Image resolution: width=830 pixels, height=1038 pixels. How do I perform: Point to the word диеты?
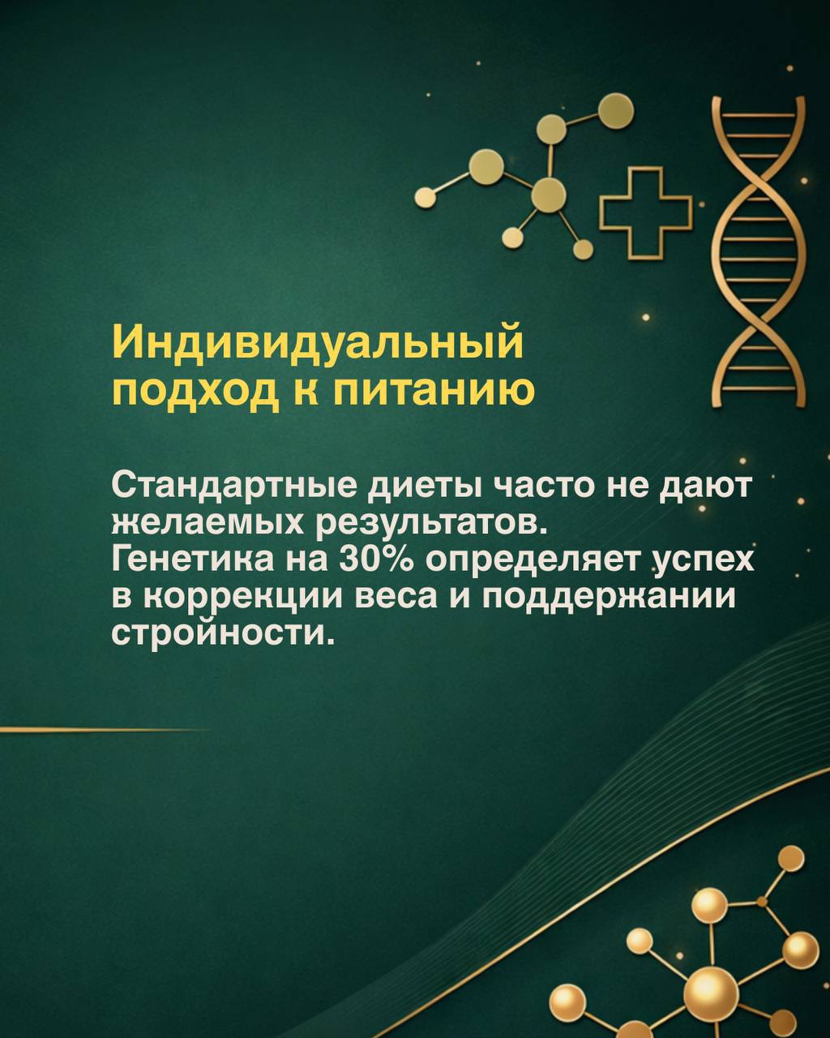point(430,487)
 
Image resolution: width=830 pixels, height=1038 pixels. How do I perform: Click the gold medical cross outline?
point(647,212)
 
